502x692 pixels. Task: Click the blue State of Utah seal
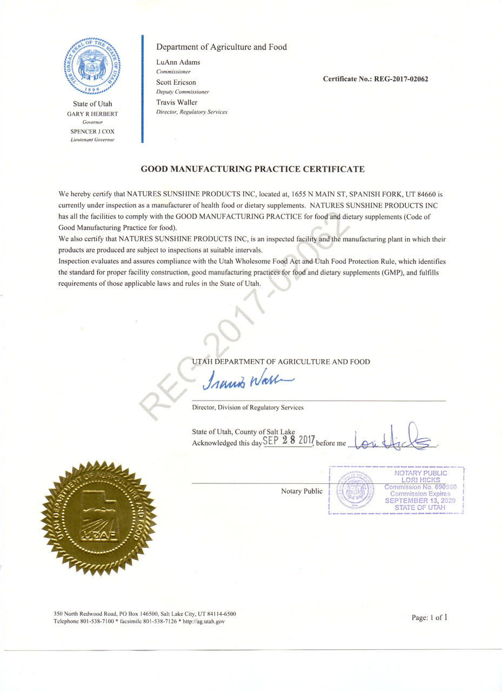[92, 66]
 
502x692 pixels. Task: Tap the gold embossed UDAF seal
[98, 517]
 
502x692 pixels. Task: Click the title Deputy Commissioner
[183, 92]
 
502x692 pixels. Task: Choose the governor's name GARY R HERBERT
[92, 114]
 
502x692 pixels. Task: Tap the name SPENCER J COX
[92, 131]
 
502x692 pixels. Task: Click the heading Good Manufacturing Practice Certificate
[252, 169]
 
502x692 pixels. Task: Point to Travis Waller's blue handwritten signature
[248, 382]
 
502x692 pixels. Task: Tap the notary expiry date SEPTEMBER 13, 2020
[420, 501]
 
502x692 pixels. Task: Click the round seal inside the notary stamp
[356, 491]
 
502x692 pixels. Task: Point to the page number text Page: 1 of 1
[430, 617]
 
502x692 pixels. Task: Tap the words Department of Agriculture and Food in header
[222, 47]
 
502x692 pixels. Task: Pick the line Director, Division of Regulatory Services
[247, 408]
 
